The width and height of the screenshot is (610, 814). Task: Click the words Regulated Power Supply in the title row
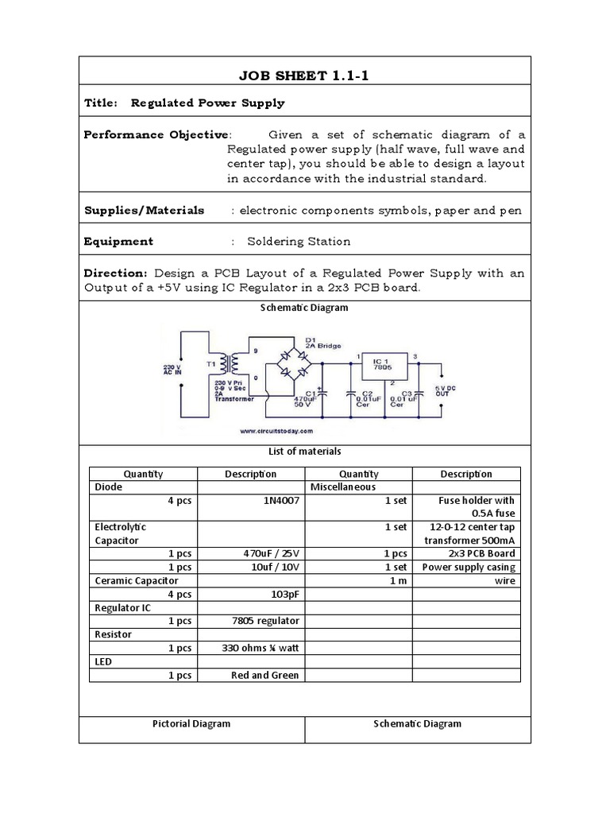click(x=207, y=103)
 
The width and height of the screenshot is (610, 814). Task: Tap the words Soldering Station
click(x=298, y=241)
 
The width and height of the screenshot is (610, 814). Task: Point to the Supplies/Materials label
click(x=144, y=211)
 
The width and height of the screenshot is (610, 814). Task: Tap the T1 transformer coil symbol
click(x=233, y=366)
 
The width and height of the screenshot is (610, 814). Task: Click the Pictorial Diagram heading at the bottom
click(x=191, y=723)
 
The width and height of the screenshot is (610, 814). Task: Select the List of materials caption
click(x=305, y=451)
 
